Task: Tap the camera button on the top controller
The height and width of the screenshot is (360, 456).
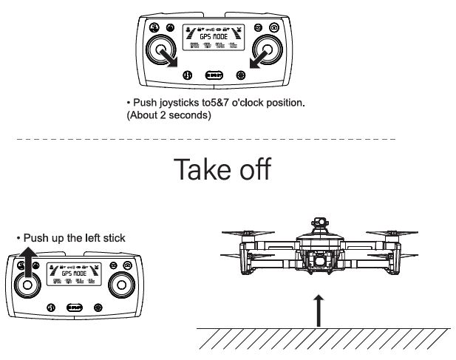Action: point(274,27)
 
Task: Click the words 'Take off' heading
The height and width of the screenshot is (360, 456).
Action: point(222,169)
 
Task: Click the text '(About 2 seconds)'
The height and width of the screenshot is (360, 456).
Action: point(169,115)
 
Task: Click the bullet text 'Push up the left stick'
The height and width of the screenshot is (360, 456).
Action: point(71,237)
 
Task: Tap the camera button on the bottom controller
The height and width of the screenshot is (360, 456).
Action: point(128,265)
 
